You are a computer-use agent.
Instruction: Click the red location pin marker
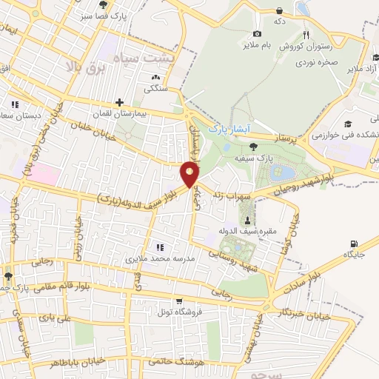[x=190, y=175]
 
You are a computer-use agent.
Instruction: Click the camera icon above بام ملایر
[x=257, y=33]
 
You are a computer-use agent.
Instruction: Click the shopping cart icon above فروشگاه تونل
[x=179, y=301]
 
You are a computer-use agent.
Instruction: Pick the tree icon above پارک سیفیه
[x=254, y=147]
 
